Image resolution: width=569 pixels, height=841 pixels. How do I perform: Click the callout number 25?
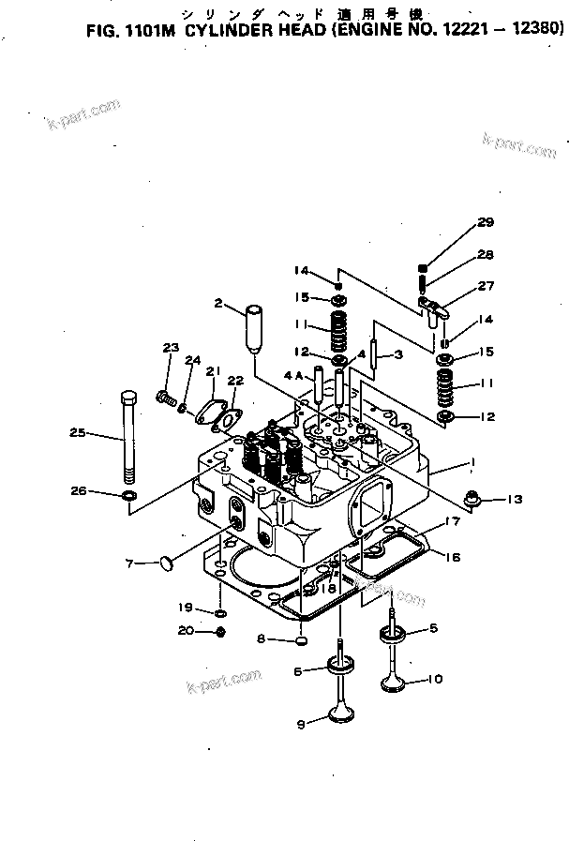coord(79,432)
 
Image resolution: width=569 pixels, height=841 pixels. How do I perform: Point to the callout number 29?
coord(484,222)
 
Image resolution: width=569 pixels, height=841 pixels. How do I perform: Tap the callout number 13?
coord(515,499)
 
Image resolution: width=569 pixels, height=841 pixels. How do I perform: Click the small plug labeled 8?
coord(302,641)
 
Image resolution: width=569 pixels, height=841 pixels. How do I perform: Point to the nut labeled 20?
coord(218,632)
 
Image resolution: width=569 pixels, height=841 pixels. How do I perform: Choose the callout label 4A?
coord(293,376)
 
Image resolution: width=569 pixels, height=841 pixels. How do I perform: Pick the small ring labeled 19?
coord(219,611)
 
